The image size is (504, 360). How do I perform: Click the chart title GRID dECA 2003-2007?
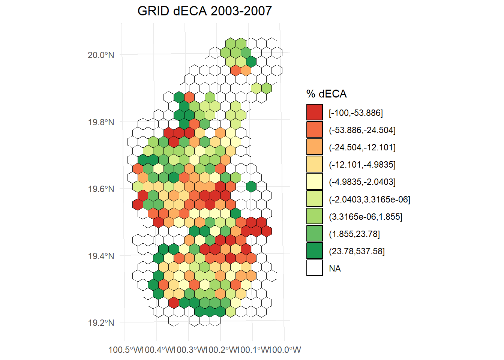click(204, 11)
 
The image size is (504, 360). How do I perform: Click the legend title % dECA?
click(326, 94)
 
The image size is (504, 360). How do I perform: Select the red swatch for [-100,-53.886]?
click(314, 112)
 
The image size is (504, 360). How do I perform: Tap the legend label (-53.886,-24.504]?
click(362, 130)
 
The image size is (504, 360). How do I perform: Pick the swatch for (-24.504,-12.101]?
click(314, 147)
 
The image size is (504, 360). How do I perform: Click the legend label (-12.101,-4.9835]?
click(362, 165)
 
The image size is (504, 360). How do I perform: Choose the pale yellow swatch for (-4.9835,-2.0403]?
click(314, 181)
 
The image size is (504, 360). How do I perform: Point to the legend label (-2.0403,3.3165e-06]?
click(369, 199)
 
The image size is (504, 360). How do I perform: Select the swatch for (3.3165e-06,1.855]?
click(314, 216)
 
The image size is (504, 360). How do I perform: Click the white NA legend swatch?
click(314, 268)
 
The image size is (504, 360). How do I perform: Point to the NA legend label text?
click(335, 268)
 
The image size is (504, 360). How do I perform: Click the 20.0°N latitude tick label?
click(100, 55)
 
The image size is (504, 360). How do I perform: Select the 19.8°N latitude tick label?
click(100, 122)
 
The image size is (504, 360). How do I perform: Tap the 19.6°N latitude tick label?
click(100, 189)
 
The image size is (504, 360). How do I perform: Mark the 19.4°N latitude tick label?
click(100, 256)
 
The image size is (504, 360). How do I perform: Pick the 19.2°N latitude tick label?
click(100, 323)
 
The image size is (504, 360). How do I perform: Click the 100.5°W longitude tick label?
click(125, 350)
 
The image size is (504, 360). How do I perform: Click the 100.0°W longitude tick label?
click(285, 350)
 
